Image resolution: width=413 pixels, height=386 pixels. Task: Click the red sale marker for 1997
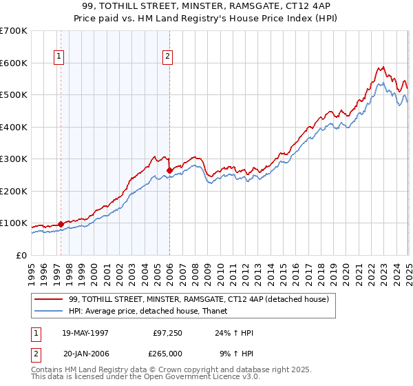click(x=61, y=223)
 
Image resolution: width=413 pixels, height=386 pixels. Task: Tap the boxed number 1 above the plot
click(x=59, y=57)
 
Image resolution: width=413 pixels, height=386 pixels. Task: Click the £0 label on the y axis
click(x=21, y=255)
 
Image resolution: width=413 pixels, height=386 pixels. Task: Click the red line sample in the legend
click(x=48, y=299)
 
